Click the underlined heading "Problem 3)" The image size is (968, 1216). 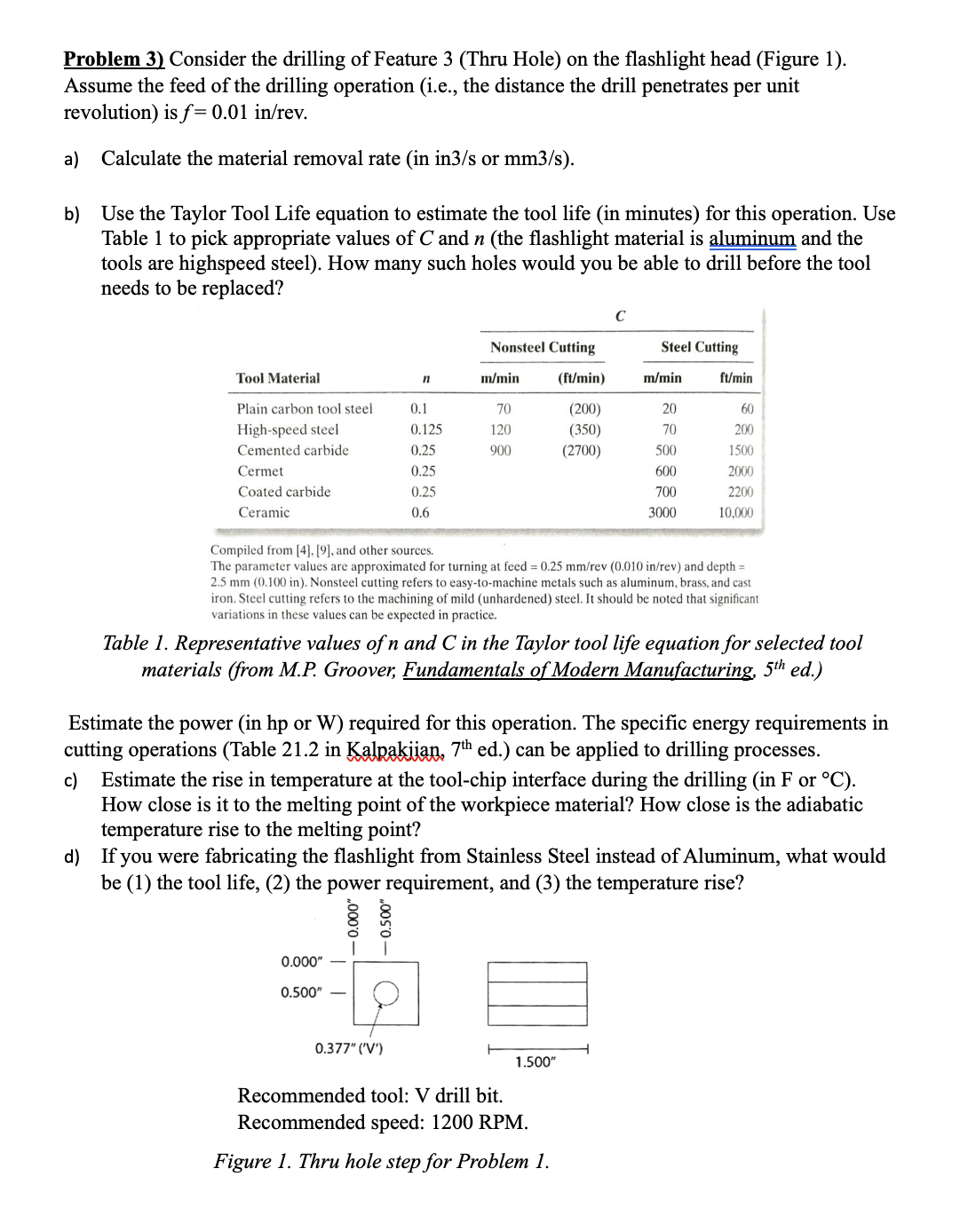114,59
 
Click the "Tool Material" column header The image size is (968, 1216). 278,378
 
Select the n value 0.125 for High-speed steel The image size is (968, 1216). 426,430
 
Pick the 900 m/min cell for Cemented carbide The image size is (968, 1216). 501,450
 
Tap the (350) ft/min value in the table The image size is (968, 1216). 582,430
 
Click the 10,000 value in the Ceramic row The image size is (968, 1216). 735,512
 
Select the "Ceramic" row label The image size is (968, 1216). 264,512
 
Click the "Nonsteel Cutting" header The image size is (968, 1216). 543,347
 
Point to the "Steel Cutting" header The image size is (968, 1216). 699,347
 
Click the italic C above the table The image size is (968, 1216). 620,315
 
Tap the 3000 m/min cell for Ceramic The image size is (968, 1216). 662,512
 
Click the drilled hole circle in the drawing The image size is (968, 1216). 385,993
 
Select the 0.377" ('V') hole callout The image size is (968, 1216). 349,1048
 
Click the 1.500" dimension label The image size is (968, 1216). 535,1062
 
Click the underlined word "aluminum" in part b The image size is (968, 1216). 752,239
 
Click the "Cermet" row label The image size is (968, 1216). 260,471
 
